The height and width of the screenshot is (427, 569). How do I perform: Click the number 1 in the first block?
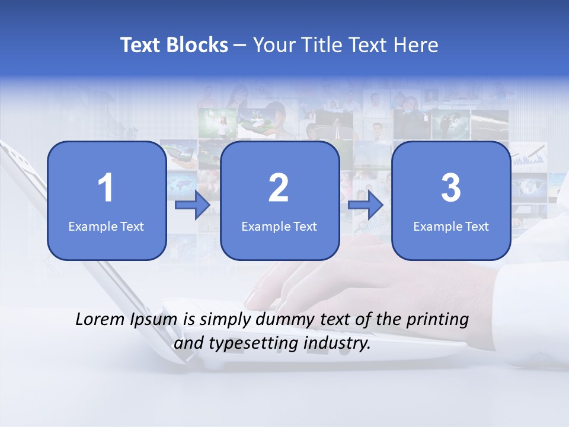(x=106, y=188)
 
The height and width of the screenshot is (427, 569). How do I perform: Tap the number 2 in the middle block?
(x=279, y=188)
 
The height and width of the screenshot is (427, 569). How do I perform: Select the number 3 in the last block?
(x=451, y=188)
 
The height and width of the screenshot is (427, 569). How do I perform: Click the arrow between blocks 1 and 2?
(x=193, y=206)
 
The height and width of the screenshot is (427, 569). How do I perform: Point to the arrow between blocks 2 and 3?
(x=366, y=206)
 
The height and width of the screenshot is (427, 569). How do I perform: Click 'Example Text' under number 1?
(x=106, y=226)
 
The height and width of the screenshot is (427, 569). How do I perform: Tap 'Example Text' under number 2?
(x=279, y=226)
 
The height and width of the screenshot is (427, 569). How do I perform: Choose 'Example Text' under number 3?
(x=451, y=226)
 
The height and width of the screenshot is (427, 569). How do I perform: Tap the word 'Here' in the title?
(x=417, y=45)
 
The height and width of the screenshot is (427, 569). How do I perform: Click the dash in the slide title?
(x=240, y=46)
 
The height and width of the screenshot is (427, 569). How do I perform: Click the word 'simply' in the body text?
(x=225, y=320)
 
